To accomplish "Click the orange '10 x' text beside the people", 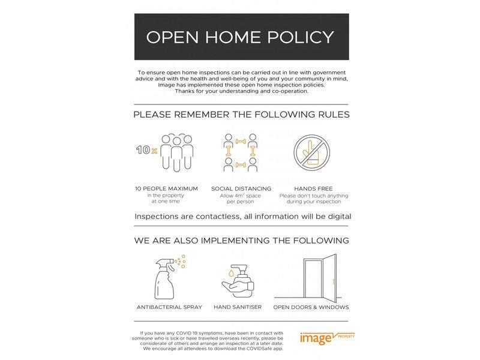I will click(x=146, y=150).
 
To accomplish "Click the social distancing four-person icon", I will click(x=241, y=152).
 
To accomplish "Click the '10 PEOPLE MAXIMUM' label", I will click(x=166, y=188).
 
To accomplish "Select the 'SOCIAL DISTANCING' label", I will click(x=241, y=188).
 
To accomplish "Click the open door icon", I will click(x=315, y=277).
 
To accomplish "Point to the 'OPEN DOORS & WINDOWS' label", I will click(x=311, y=307).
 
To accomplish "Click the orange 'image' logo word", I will click(x=316, y=339).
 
